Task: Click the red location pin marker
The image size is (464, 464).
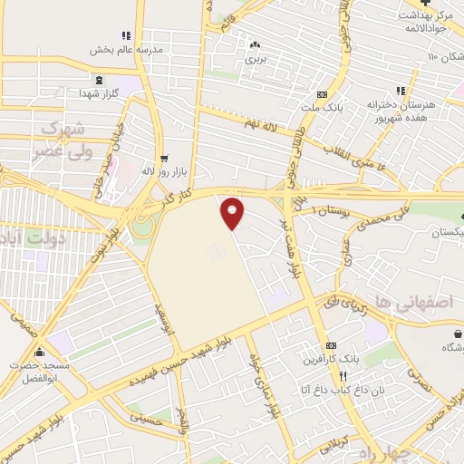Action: point(233,212)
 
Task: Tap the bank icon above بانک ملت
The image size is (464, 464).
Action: point(322,93)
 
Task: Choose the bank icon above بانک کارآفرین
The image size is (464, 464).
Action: point(332,346)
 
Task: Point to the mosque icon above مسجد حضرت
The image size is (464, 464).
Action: point(38,353)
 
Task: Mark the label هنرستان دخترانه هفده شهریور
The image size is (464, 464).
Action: point(406,111)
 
